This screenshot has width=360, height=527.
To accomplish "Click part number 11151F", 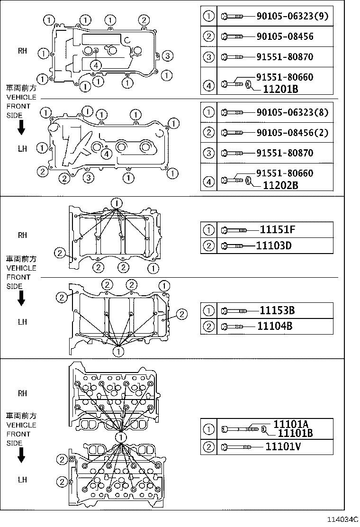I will point(278,230).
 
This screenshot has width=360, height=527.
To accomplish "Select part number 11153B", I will point(278,310).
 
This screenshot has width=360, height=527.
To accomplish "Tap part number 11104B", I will point(275,326).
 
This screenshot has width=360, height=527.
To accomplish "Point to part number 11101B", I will point(295,433).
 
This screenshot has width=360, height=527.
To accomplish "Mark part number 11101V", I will point(283,446).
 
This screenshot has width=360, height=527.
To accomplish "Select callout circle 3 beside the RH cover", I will point(167,56).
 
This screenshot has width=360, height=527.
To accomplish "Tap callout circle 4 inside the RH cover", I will point(96,65).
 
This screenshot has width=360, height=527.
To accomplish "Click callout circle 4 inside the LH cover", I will point(107,153).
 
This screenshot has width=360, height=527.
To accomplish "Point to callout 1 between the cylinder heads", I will point(121,437).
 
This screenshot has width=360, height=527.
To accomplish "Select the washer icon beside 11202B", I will point(248,181).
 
